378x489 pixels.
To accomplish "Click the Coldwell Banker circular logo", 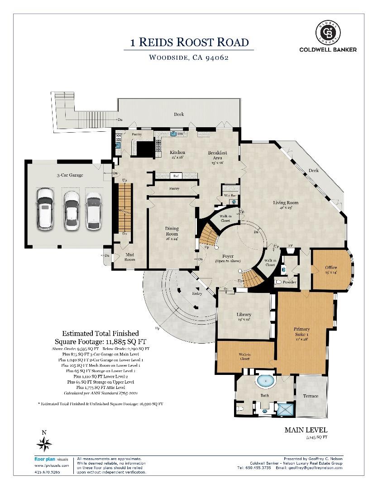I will pos(328,33).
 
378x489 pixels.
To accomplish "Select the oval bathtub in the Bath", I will pos(265,382).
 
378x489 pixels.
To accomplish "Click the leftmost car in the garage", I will pos(45,208).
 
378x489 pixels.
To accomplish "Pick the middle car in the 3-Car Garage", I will pos(71,209).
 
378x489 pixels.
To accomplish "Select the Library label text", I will pos(244,315).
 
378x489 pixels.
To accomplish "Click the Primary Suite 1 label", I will pos(301,331).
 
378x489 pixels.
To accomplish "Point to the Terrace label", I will pos(310,396).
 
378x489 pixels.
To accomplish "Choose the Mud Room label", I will pos(130,257).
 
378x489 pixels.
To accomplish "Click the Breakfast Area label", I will pos(217,155).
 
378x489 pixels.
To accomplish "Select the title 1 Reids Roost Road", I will pos(189,43).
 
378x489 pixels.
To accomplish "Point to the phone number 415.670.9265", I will pos(47,472).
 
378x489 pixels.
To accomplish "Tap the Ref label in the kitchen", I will pos(175,176).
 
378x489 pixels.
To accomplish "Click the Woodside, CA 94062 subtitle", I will pos(189,58).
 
